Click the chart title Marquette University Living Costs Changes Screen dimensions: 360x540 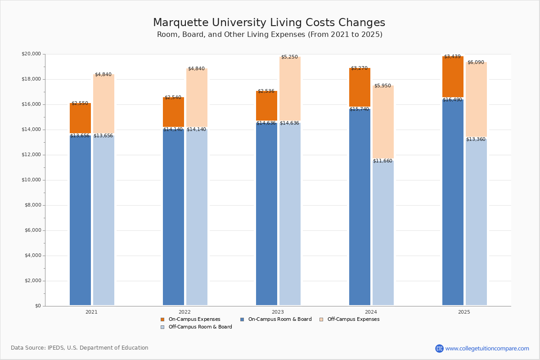click(269, 22)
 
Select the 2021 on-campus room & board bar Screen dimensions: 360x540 click(80, 220)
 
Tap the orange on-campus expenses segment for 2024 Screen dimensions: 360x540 click(360, 87)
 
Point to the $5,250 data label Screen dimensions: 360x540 click(289, 57)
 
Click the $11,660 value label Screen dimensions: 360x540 click(382, 161)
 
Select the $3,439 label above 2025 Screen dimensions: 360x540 click(452, 56)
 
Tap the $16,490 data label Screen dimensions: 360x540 click(452, 99)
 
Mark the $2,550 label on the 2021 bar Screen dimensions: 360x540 click(80, 103)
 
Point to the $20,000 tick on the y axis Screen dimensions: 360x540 click(31, 54)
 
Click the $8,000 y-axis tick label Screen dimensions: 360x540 click(32, 205)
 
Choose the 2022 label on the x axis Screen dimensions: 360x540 click(184, 312)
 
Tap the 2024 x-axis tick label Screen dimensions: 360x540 click(371, 312)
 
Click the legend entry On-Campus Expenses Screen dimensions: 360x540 click(194, 319)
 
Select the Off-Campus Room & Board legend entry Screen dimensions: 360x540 click(200, 327)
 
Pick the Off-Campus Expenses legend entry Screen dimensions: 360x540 click(353, 319)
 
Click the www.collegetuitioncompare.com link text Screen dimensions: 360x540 click(487, 348)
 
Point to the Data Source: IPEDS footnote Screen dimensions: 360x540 click(80, 348)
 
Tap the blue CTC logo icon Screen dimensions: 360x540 click(439, 348)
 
